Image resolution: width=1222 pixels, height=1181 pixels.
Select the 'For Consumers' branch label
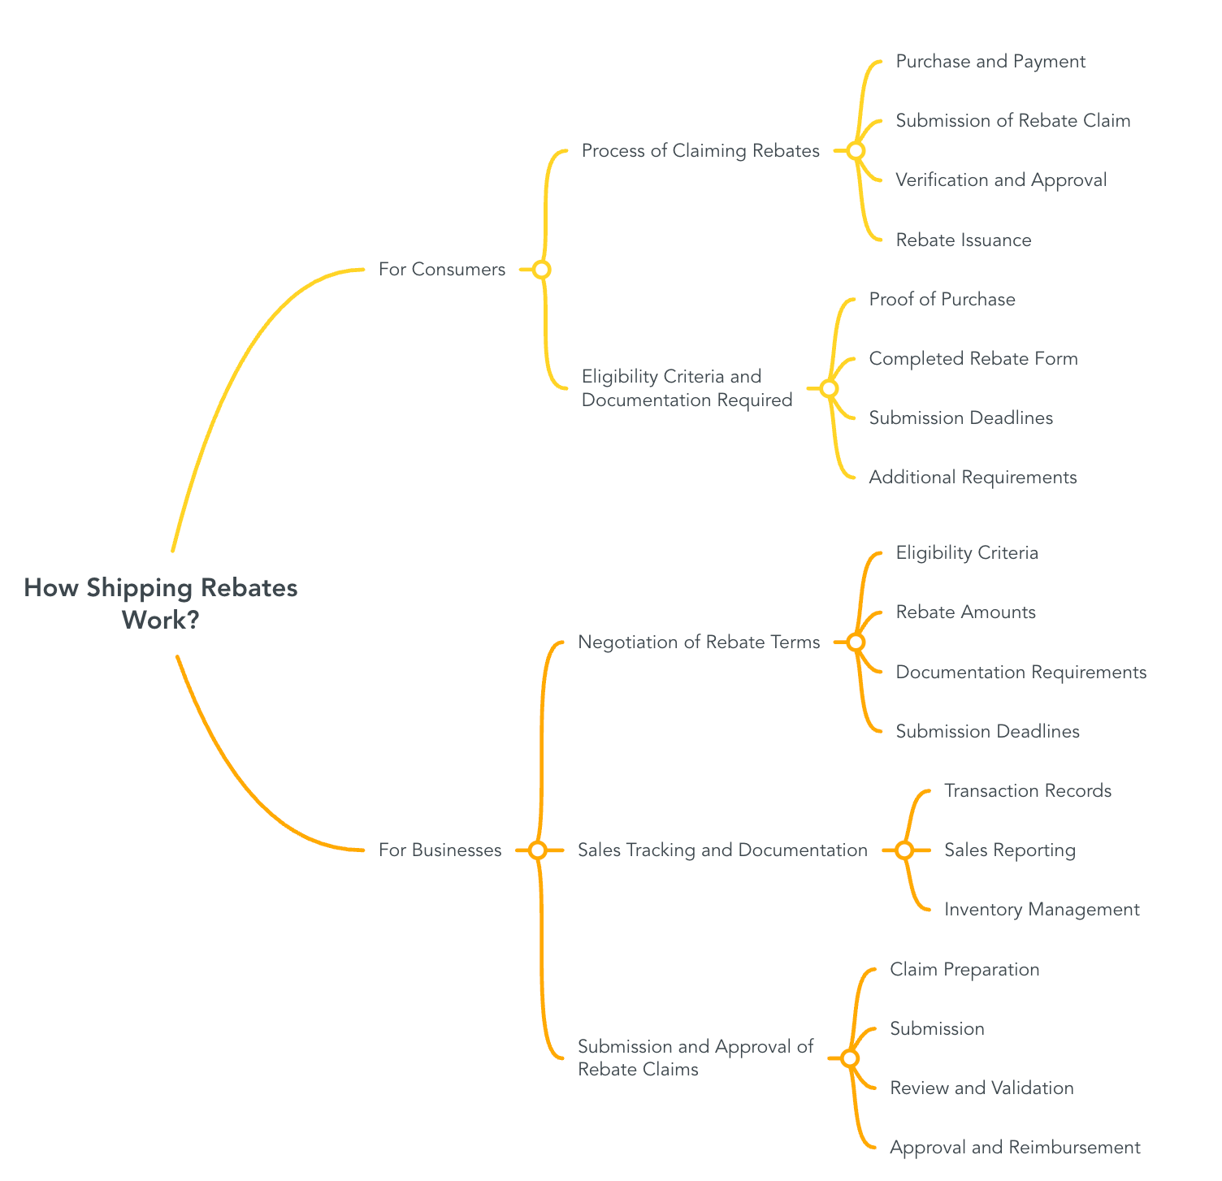coord(442,270)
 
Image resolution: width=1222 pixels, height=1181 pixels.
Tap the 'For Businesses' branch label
coord(440,850)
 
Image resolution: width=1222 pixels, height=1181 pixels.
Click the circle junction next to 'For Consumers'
coord(542,270)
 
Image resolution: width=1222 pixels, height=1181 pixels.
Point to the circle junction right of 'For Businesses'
coord(537,850)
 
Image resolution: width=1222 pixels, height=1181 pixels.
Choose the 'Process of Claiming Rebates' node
coord(700,151)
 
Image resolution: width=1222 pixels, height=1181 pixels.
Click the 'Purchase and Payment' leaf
coord(990,62)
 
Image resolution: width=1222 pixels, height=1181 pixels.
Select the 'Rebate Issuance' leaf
coord(963,240)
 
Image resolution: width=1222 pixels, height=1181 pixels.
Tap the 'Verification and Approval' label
coord(1001,180)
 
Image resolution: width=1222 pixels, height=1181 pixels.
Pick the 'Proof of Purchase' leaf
coord(942,300)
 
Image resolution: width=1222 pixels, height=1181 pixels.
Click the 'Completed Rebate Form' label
coord(973,359)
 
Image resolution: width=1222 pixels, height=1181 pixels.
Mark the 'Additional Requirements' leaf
coord(973,478)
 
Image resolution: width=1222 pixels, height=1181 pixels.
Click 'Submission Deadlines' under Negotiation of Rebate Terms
coord(987,732)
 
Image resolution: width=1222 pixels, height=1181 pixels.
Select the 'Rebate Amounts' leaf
coord(965,612)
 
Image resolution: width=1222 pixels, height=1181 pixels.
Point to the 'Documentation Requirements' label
coord(1020,673)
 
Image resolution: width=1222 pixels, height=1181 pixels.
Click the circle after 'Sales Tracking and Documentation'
coord(904,850)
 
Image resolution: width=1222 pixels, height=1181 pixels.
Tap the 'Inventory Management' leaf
coord(1042,910)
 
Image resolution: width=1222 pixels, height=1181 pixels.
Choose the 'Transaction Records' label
coord(1028,791)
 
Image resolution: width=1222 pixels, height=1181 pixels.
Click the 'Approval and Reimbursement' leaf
coord(1015,1148)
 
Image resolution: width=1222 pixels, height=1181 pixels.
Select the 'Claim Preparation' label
coord(964,970)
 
